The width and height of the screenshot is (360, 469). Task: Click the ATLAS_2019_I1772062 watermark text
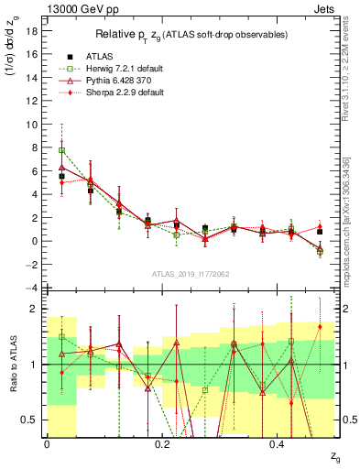pyautogui.click(x=190, y=273)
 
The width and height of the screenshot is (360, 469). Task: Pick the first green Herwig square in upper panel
pyautogui.click(x=61, y=150)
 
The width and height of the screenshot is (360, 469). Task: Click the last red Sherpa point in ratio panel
pyautogui.click(x=320, y=326)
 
